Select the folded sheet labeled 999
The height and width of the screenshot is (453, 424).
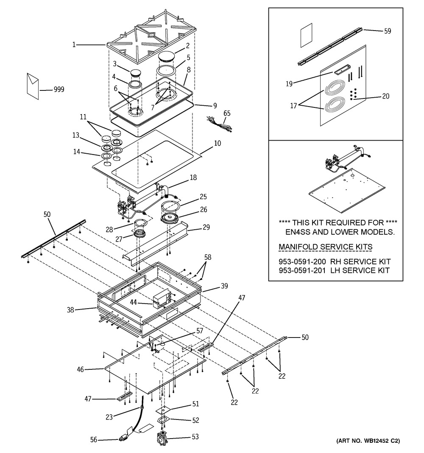(32, 85)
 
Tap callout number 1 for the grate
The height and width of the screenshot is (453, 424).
(74, 45)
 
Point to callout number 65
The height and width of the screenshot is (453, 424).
(227, 113)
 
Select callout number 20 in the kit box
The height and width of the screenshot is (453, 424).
(385, 96)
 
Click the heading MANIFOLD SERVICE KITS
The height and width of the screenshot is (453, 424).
(325, 247)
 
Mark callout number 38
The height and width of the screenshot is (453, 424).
(70, 310)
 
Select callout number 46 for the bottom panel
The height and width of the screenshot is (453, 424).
(80, 370)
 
